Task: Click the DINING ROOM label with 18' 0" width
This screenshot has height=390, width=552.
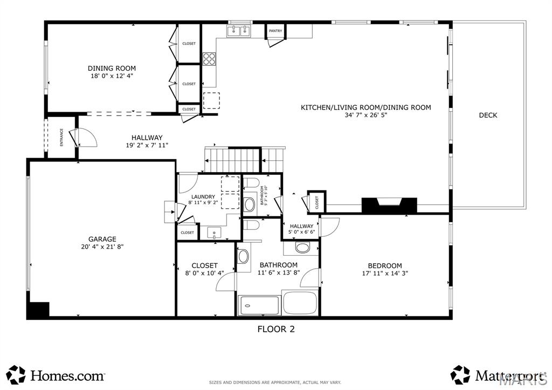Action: [112, 69]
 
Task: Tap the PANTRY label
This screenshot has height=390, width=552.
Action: [275, 31]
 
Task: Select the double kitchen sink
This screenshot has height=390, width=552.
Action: [239, 31]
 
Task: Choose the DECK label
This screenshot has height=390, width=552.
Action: [488, 115]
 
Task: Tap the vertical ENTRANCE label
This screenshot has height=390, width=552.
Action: [61, 137]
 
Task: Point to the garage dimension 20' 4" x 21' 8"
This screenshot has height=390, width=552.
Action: [102, 247]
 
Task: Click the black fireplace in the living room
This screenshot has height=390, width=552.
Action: [389, 206]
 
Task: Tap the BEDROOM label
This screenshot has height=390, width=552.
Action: [385, 265]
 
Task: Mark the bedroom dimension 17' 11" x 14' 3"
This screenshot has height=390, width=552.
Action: [385, 273]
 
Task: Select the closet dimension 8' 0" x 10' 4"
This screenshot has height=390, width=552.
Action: [204, 273]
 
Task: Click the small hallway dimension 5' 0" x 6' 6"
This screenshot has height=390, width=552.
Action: [301, 232]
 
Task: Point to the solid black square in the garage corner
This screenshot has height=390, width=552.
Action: [38, 310]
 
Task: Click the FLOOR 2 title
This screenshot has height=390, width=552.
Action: [275, 329]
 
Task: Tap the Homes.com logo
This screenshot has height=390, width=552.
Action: [56, 374]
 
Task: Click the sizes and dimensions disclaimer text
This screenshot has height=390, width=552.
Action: [275, 382]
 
